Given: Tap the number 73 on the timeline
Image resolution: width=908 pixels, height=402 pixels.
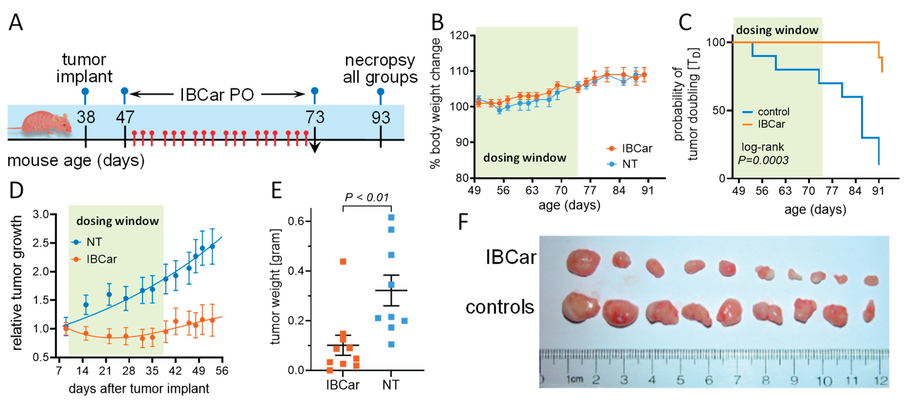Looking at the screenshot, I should (314, 117).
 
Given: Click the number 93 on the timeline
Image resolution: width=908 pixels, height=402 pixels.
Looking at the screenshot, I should (381, 117).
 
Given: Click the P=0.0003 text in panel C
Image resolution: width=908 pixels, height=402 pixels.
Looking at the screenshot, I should (763, 160).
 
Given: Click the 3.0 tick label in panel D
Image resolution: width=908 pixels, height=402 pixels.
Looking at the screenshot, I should (41, 214).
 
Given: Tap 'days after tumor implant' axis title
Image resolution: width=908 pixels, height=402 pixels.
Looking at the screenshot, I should (139, 389).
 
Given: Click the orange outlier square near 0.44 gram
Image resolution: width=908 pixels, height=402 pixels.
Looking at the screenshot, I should (343, 261).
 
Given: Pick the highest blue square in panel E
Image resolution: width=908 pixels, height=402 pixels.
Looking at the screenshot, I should (391, 217).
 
